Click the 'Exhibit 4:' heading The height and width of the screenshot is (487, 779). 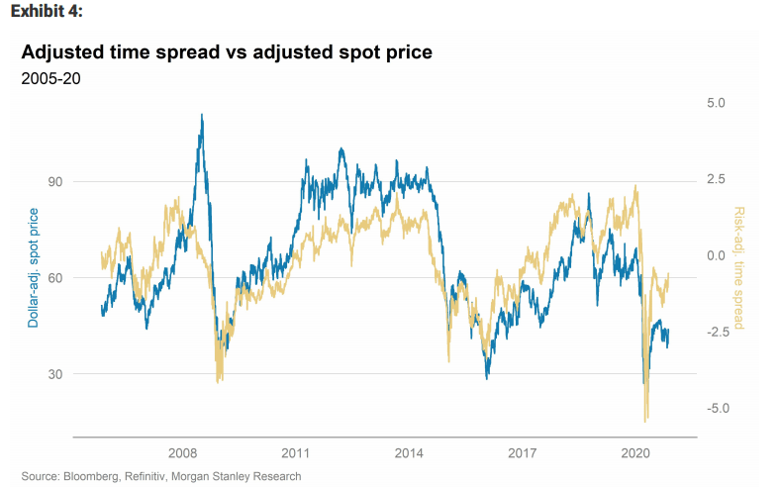46,12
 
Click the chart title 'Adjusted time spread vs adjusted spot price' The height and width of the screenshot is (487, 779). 227,51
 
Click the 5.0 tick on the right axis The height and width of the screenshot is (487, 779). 716,103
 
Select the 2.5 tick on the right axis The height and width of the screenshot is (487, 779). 716,179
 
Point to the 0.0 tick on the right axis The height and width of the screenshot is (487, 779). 716,255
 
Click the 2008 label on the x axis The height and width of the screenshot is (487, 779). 184,452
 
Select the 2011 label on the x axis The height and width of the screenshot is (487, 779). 297,452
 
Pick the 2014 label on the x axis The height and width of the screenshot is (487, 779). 410,452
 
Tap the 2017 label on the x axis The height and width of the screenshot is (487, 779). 523,452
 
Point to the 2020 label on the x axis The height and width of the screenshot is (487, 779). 635,452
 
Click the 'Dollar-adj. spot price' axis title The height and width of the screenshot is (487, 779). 34,268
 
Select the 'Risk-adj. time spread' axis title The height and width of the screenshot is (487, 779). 738,268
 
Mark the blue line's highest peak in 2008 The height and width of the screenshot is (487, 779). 202,115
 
